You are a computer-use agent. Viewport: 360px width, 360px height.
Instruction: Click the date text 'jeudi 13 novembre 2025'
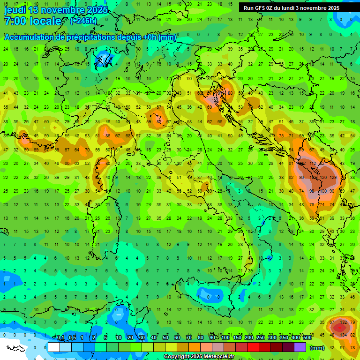[56, 10]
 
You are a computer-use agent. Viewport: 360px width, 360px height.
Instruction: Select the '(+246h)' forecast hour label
[83, 21]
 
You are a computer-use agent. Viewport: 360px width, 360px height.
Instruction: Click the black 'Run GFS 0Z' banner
[292, 8]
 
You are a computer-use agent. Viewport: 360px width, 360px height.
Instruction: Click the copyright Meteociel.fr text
[199, 357]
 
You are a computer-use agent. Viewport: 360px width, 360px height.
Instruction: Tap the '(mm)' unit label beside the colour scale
[317, 348]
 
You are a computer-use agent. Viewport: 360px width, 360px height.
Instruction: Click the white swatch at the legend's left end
[54, 347]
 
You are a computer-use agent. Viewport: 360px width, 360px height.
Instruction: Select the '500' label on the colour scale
[307, 338]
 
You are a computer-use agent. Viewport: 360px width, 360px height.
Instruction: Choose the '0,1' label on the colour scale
[60, 338]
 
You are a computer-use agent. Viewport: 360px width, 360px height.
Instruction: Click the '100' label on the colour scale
[225, 338]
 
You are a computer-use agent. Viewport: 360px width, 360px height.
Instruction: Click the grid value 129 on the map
[333, 178]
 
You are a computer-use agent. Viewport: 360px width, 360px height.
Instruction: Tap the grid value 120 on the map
[323, 178]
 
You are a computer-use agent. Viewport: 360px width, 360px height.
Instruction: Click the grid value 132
[343, 322]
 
